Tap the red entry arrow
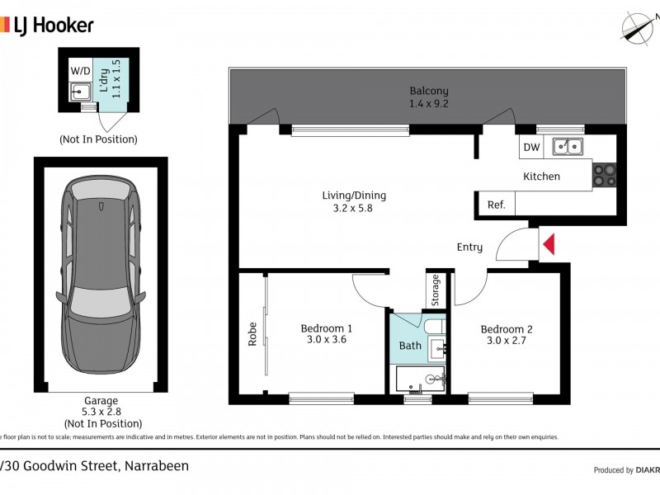pos(549,244)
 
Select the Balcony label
pos(428,91)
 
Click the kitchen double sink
pos(568,147)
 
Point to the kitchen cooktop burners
pos(604,175)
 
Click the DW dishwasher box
pos(530,148)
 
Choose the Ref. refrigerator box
pos(496,205)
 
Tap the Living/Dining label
pos(354,196)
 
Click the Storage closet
pos(435,289)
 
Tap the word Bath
pos(409,346)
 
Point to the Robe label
pos(252,332)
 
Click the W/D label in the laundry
pos(80,71)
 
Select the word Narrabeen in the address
pos(157,466)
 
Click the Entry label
pos(469,247)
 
